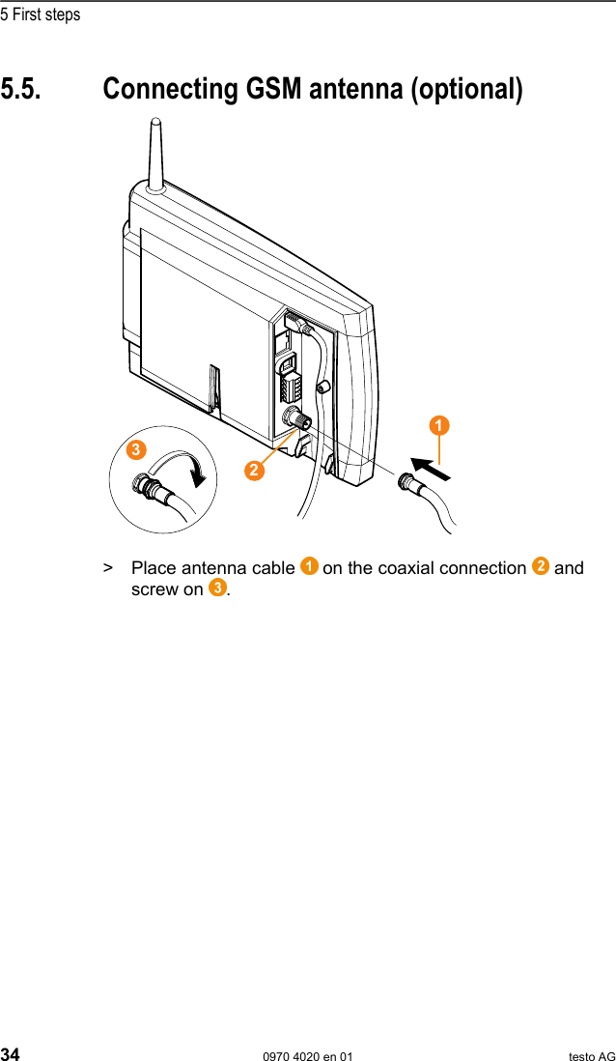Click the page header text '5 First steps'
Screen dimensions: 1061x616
pos(41,14)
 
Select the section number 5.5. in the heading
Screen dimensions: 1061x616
pos(21,89)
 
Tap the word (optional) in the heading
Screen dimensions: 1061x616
pos(466,89)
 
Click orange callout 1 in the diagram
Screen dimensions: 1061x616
pos(439,425)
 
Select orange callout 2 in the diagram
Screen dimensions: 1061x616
pos(254,470)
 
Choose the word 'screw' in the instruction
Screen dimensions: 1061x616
pos(154,589)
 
